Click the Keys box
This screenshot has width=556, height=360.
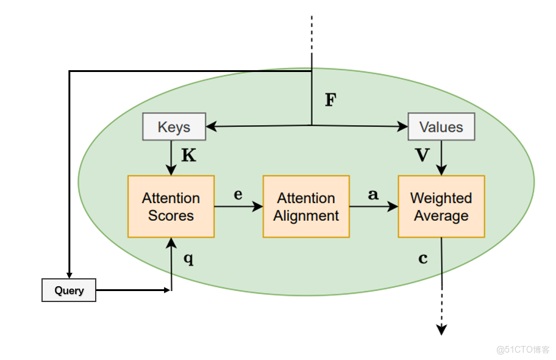174,127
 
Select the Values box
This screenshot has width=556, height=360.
441,127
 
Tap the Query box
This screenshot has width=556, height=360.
69,290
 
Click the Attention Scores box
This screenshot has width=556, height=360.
171,206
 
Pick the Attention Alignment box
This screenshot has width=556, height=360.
306,206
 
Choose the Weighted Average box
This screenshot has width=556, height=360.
441,206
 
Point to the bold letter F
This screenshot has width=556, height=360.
330,100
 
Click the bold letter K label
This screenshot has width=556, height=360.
189,156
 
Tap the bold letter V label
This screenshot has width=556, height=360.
422,156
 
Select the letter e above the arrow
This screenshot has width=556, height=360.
238,195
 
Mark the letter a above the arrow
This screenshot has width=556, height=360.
373,195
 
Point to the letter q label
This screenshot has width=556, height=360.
188,258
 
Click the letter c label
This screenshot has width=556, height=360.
422,258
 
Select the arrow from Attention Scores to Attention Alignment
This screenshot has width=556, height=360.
238,207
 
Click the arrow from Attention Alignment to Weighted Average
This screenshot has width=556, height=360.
374,207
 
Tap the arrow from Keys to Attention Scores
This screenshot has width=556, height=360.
171,157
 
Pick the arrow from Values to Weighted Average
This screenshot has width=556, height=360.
441,157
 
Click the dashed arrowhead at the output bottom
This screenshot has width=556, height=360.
441,329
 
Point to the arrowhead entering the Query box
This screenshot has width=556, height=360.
69,274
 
